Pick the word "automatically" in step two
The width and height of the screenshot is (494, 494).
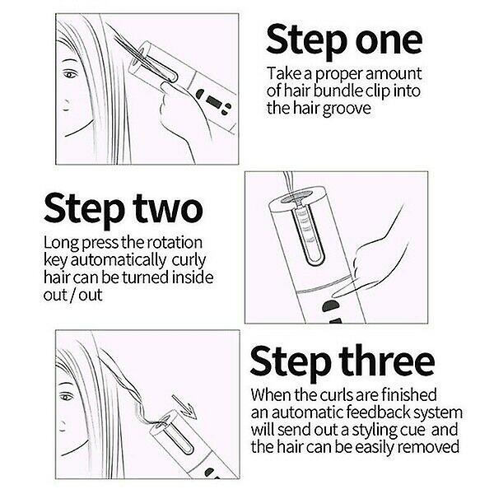118,261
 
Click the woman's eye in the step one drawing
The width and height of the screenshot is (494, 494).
70,75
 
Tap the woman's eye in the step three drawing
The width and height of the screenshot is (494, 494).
66,397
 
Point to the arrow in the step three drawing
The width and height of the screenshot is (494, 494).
184,406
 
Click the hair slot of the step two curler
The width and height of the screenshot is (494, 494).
307,234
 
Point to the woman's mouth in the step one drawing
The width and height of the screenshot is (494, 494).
66,105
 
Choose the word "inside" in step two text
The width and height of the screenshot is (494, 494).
193,277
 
